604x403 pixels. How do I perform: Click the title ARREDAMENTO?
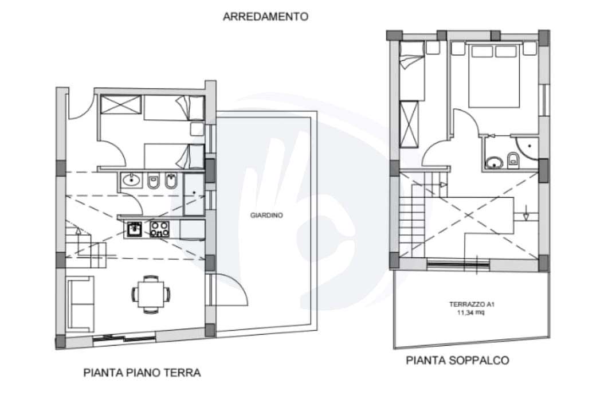tap(265, 17)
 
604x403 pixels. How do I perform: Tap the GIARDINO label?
tap(266, 216)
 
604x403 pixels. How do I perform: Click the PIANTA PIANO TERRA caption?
tap(142, 373)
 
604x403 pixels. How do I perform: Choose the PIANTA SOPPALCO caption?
tap(457, 360)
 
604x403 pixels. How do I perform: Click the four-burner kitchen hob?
tap(159, 229)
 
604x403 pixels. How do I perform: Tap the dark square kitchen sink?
tap(135, 229)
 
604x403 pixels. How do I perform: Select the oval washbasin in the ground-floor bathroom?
tap(132, 179)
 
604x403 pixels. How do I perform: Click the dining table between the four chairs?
tap(151, 294)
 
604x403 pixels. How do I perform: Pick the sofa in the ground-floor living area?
tap(80, 304)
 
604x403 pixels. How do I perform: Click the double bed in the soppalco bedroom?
tap(494, 76)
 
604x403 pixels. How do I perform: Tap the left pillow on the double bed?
tap(482, 51)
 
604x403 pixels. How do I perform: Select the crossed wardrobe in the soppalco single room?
tap(409, 124)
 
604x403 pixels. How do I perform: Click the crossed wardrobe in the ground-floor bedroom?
tap(121, 105)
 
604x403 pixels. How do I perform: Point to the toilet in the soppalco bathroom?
tap(513, 159)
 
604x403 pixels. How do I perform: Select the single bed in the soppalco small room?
tap(412, 71)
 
